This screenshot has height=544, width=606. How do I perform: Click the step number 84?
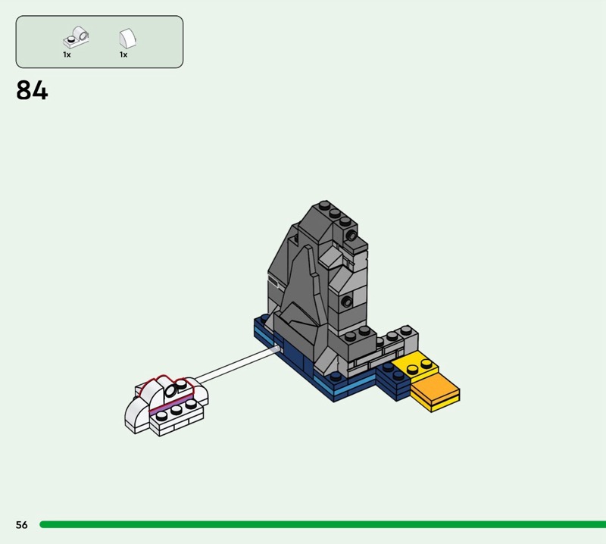click(32, 90)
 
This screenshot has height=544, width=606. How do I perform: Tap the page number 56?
click(22, 524)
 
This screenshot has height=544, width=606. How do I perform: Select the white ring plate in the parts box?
click(77, 37)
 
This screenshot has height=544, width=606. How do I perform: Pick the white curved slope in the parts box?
click(127, 39)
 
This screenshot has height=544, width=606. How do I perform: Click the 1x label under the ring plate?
click(67, 55)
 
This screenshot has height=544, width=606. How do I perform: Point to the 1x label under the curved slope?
click(123, 55)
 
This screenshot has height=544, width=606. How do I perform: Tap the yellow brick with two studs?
click(415, 365)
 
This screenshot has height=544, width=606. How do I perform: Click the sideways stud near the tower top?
click(351, 236)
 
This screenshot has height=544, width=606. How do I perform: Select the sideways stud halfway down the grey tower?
click(347, 302)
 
